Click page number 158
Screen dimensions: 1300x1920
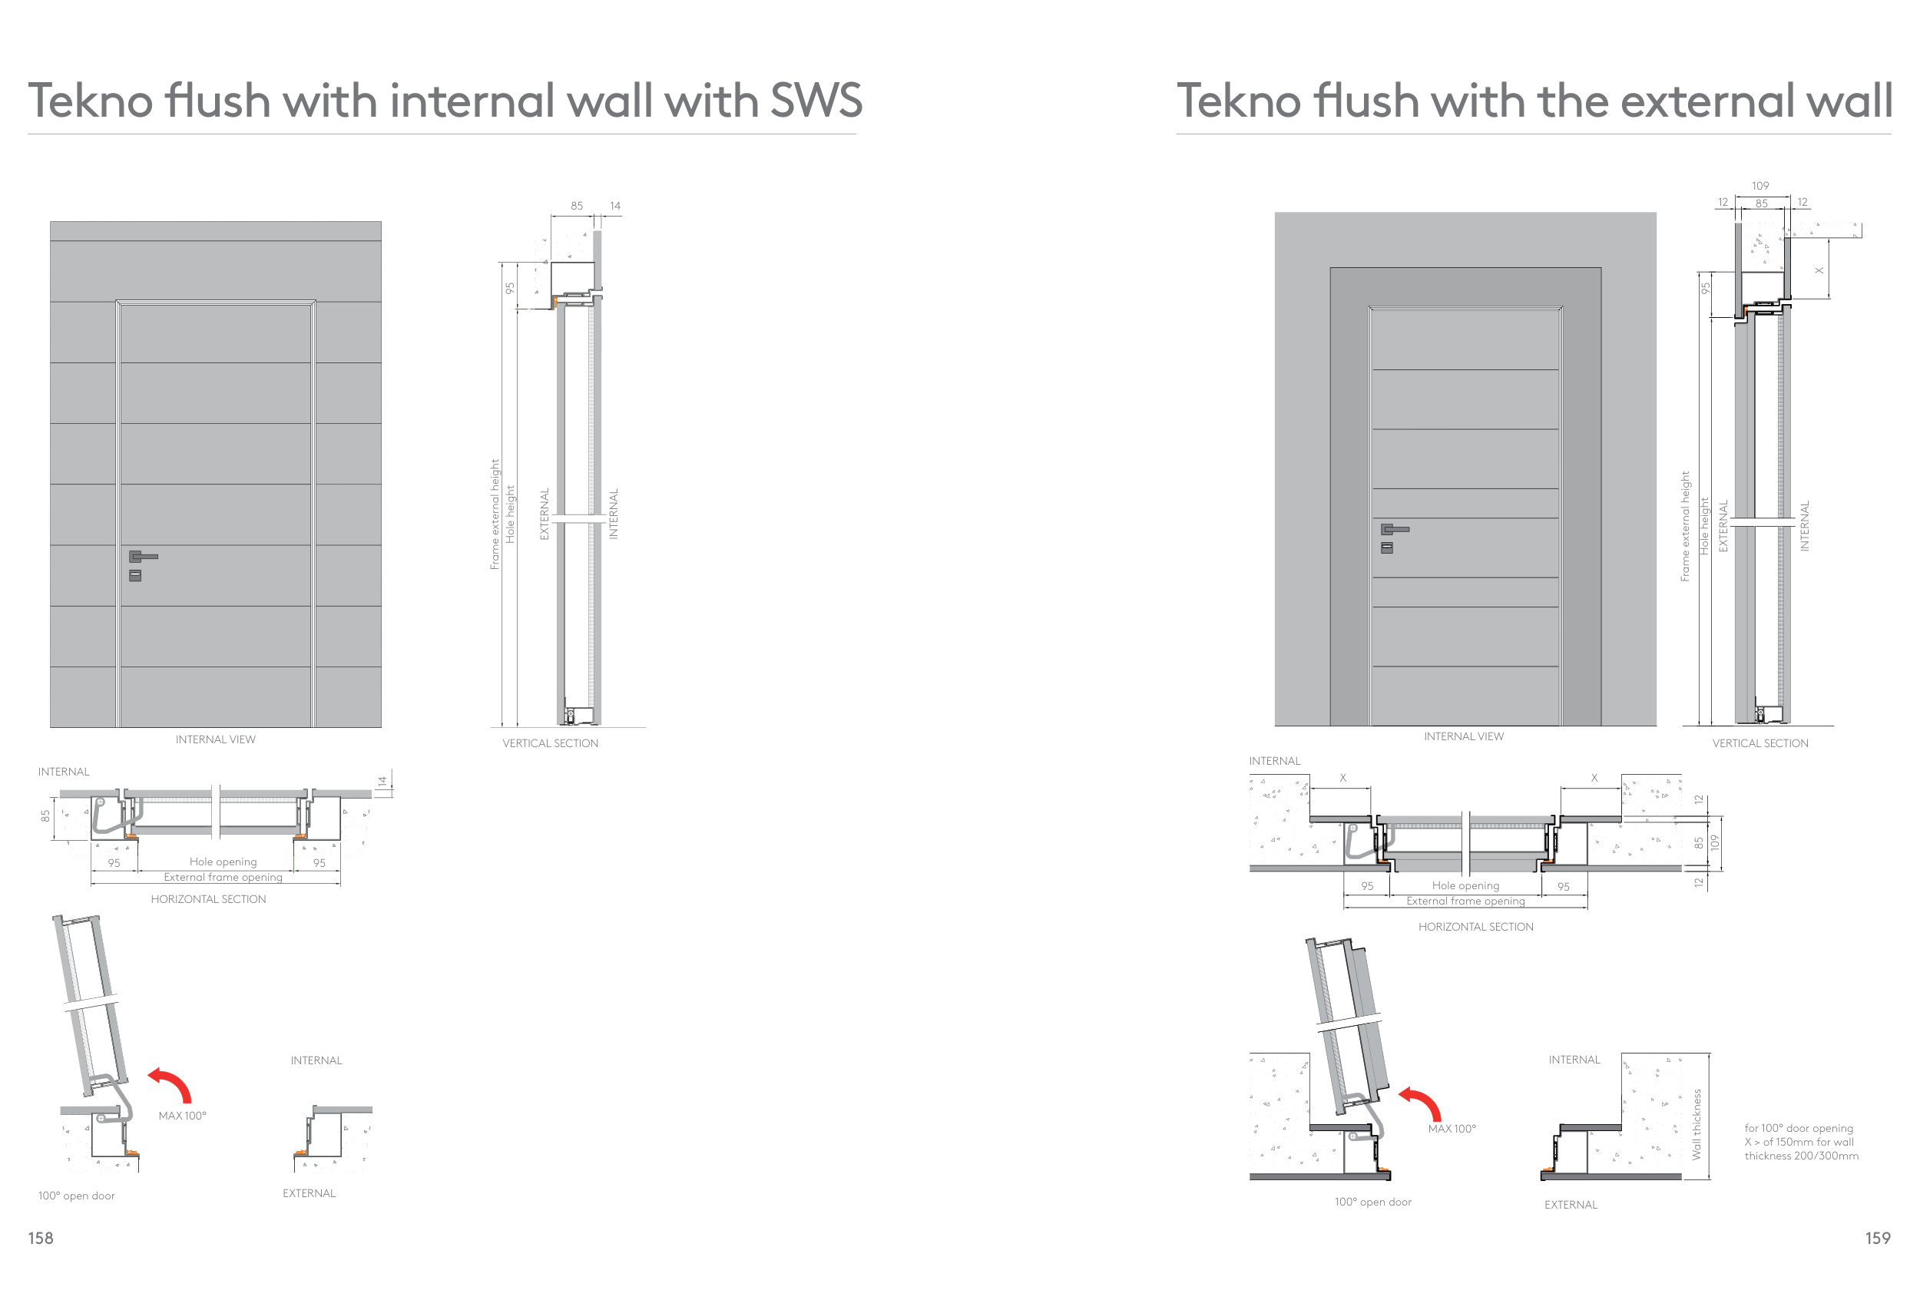(41, 1237)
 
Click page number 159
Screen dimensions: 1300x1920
(1877, 1237)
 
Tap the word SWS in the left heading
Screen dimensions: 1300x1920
(816, 101)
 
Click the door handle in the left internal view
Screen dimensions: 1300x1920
(142, 557)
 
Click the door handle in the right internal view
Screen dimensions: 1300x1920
(1394, 528)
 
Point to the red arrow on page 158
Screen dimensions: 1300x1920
(171, 1083)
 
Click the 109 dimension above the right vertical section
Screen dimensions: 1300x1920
(1759, 186)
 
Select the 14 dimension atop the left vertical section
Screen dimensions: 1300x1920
(614, 206)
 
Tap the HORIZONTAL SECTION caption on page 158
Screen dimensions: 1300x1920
(208, 898)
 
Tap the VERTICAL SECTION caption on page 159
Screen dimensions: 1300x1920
(1759, 743)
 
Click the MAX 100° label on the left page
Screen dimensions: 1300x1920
(183, 1115)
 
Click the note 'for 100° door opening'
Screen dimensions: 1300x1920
(1799, 1127)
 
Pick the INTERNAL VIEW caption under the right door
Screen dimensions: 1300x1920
(1463, 736)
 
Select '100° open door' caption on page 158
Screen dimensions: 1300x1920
(76, 1195)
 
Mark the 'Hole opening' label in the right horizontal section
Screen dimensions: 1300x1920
(1465, 885)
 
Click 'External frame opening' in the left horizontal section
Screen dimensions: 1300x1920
(222, 877)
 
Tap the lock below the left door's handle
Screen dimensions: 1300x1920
(135, 576)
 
